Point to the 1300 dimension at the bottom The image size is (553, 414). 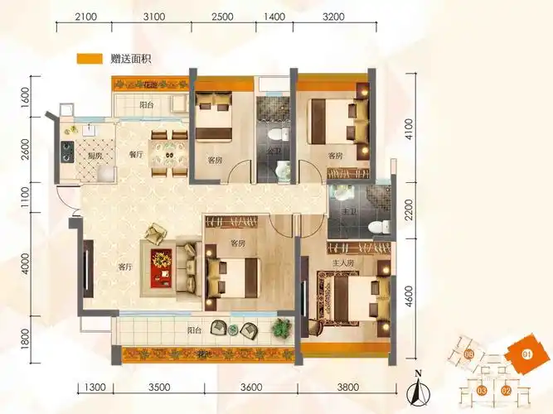(95, 387)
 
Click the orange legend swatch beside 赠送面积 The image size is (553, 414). (89, 59)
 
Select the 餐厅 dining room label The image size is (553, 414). (138, 155)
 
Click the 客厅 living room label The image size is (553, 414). (125, 267)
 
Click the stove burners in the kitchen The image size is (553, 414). (66, 152)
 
